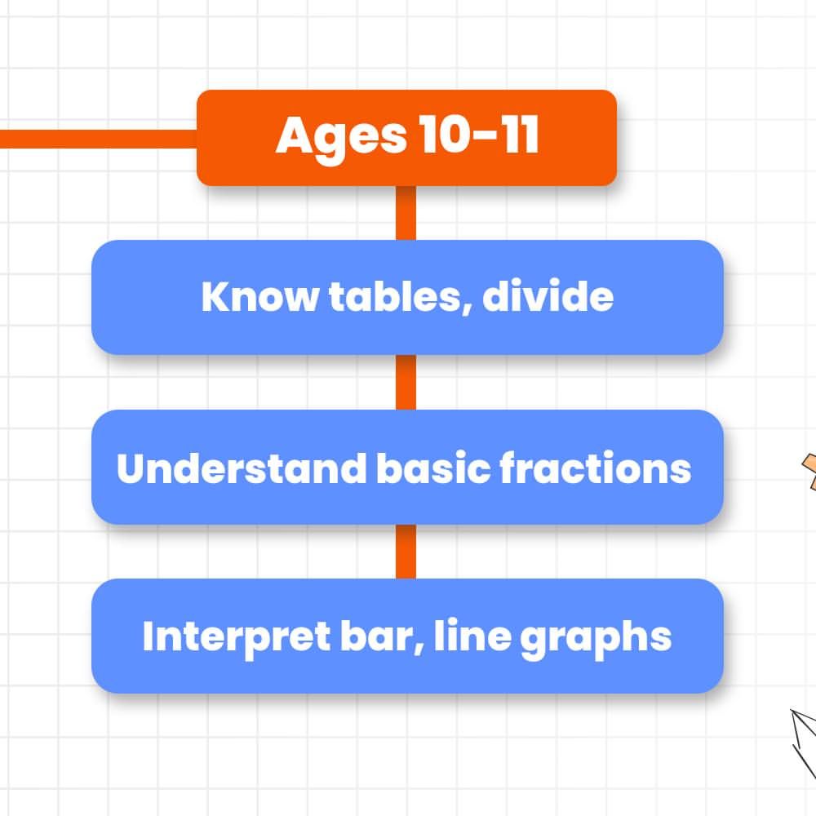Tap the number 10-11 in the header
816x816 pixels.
(479, 135)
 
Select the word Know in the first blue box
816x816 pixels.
(260, 296)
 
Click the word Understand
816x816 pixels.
(242, 468)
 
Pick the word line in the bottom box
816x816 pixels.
(472, 635)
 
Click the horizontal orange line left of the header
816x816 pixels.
(99, 139)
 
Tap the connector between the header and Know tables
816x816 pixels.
(406, 213)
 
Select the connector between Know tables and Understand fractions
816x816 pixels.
(406, 383)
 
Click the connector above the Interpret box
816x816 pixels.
(406, 552)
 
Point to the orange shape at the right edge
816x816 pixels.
(809, 472)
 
